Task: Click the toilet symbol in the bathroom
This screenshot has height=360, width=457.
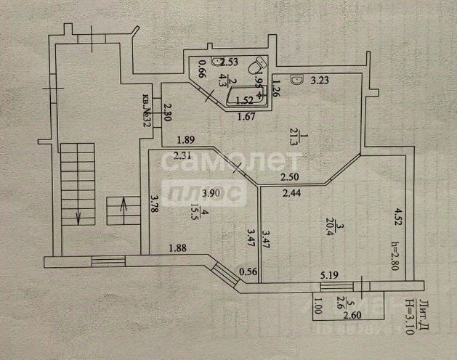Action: (256, 67)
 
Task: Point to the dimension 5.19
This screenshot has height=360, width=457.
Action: (331, 275)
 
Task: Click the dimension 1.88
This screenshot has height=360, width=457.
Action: (178, 248)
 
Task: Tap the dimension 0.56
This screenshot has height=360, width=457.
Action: (248, 271)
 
